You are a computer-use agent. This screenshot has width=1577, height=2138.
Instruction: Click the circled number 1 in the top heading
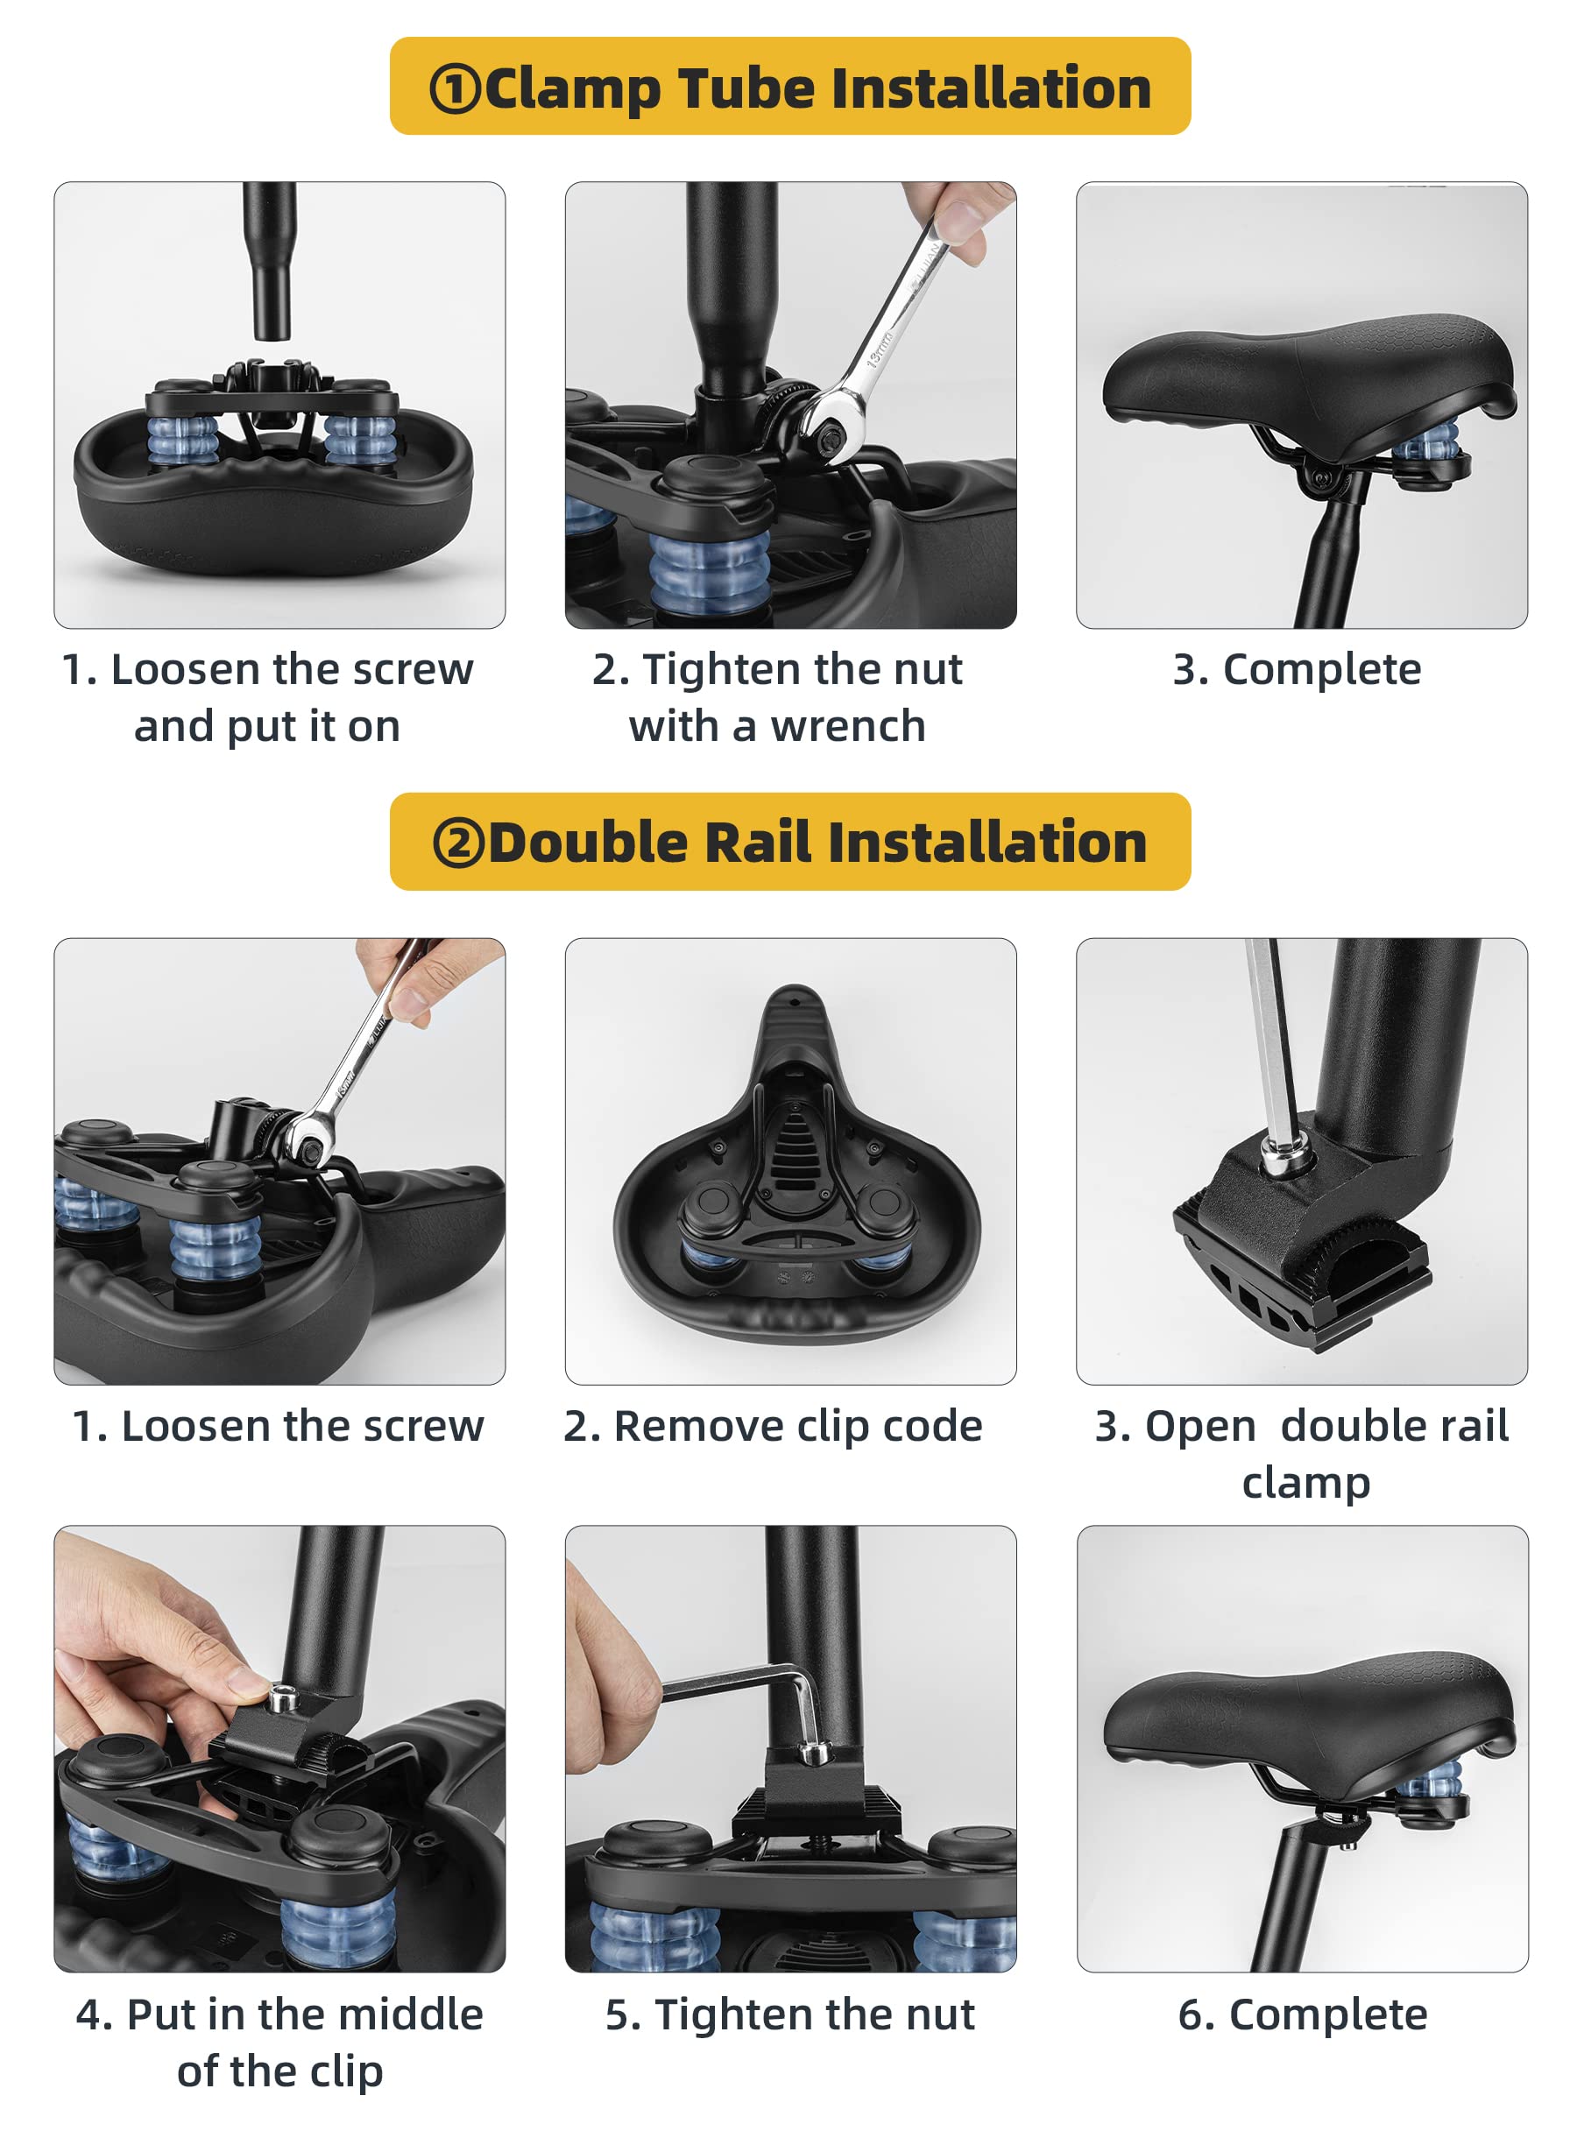[455, 89]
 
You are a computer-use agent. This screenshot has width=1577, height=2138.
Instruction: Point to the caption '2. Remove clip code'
[774, 1427]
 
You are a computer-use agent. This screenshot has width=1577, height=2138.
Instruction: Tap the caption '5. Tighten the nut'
[790, 2016]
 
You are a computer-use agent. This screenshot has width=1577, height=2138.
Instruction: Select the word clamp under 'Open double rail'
[1306, 1485]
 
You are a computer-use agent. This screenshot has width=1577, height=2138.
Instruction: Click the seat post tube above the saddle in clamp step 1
[269, 259]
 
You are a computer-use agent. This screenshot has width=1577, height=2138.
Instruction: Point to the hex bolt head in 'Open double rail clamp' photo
[1276, 1158]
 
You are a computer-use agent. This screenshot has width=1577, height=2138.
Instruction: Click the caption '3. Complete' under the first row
[1298, 669]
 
